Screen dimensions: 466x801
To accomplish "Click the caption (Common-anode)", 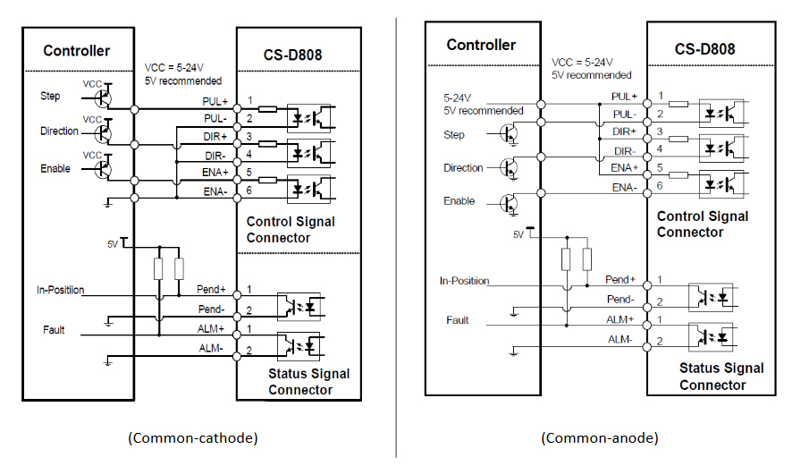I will pyautogui.click(x=600, y=438).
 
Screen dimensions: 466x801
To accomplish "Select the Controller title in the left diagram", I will pyautogui.click(x=77, y=51).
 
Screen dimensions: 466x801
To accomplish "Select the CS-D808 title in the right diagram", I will pyautogui.click(x=704, y=49).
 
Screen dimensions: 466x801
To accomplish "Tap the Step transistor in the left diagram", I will pyautogui.click(x=105, y=97).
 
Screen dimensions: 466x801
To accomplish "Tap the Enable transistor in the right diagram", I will pyautogui.click(x=510, y=202).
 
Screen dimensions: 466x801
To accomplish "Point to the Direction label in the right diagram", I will pyautogui.click(x=463, y=168).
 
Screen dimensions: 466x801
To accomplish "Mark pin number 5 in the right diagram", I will pyautogui.click(x=661, y=167).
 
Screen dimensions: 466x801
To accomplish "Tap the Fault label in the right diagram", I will pyautogui.click(x=458, y=319).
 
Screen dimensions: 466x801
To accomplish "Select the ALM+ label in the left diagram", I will pyautogui.click(x=212, y=330).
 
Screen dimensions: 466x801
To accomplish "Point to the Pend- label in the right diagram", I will pyautogui.click(x=620, y=300).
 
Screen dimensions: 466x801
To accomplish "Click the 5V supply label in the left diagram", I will pyautogui.click(x=112, y=242).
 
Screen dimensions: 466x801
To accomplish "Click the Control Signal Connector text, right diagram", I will pyautogui.click(x=702, y=225).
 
